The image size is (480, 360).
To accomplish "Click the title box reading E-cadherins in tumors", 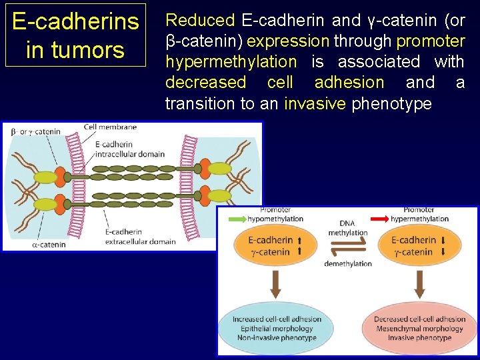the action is point(75,36).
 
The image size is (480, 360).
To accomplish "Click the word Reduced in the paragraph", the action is point(200,21).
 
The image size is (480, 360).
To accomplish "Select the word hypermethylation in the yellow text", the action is point(231,62).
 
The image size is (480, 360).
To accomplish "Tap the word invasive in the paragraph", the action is point(315,103).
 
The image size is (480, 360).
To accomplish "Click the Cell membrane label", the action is point(110,127).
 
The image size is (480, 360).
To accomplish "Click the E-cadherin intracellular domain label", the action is point(129,149).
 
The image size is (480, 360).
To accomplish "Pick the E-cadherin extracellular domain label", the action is point(140,237).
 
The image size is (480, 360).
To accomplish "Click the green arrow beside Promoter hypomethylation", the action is point(237,218).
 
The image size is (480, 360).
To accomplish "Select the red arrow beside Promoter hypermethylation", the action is point(379,218).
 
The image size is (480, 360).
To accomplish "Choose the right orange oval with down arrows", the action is point(418,246).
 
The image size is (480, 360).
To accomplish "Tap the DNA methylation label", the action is point(347,228).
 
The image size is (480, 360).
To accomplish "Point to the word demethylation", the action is point(347,264).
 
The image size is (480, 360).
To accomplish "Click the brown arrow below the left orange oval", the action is point(276,285).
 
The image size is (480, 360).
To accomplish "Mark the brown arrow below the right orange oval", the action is point(419,285).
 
